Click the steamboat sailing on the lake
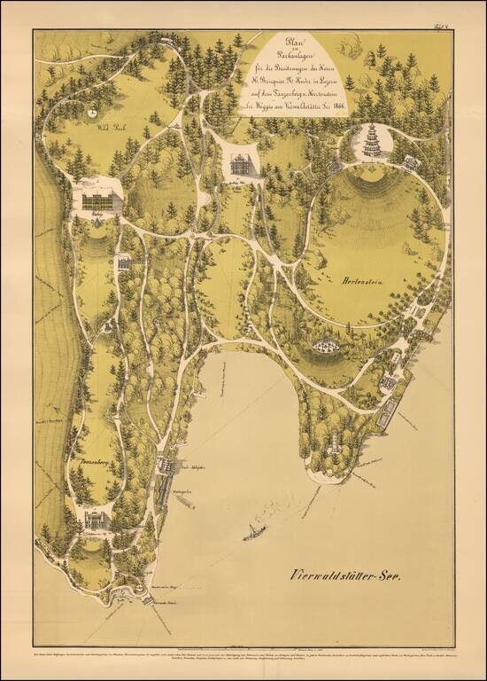pos(255,535)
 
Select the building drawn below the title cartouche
pos(238,161)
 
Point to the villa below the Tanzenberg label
pos(95,516)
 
